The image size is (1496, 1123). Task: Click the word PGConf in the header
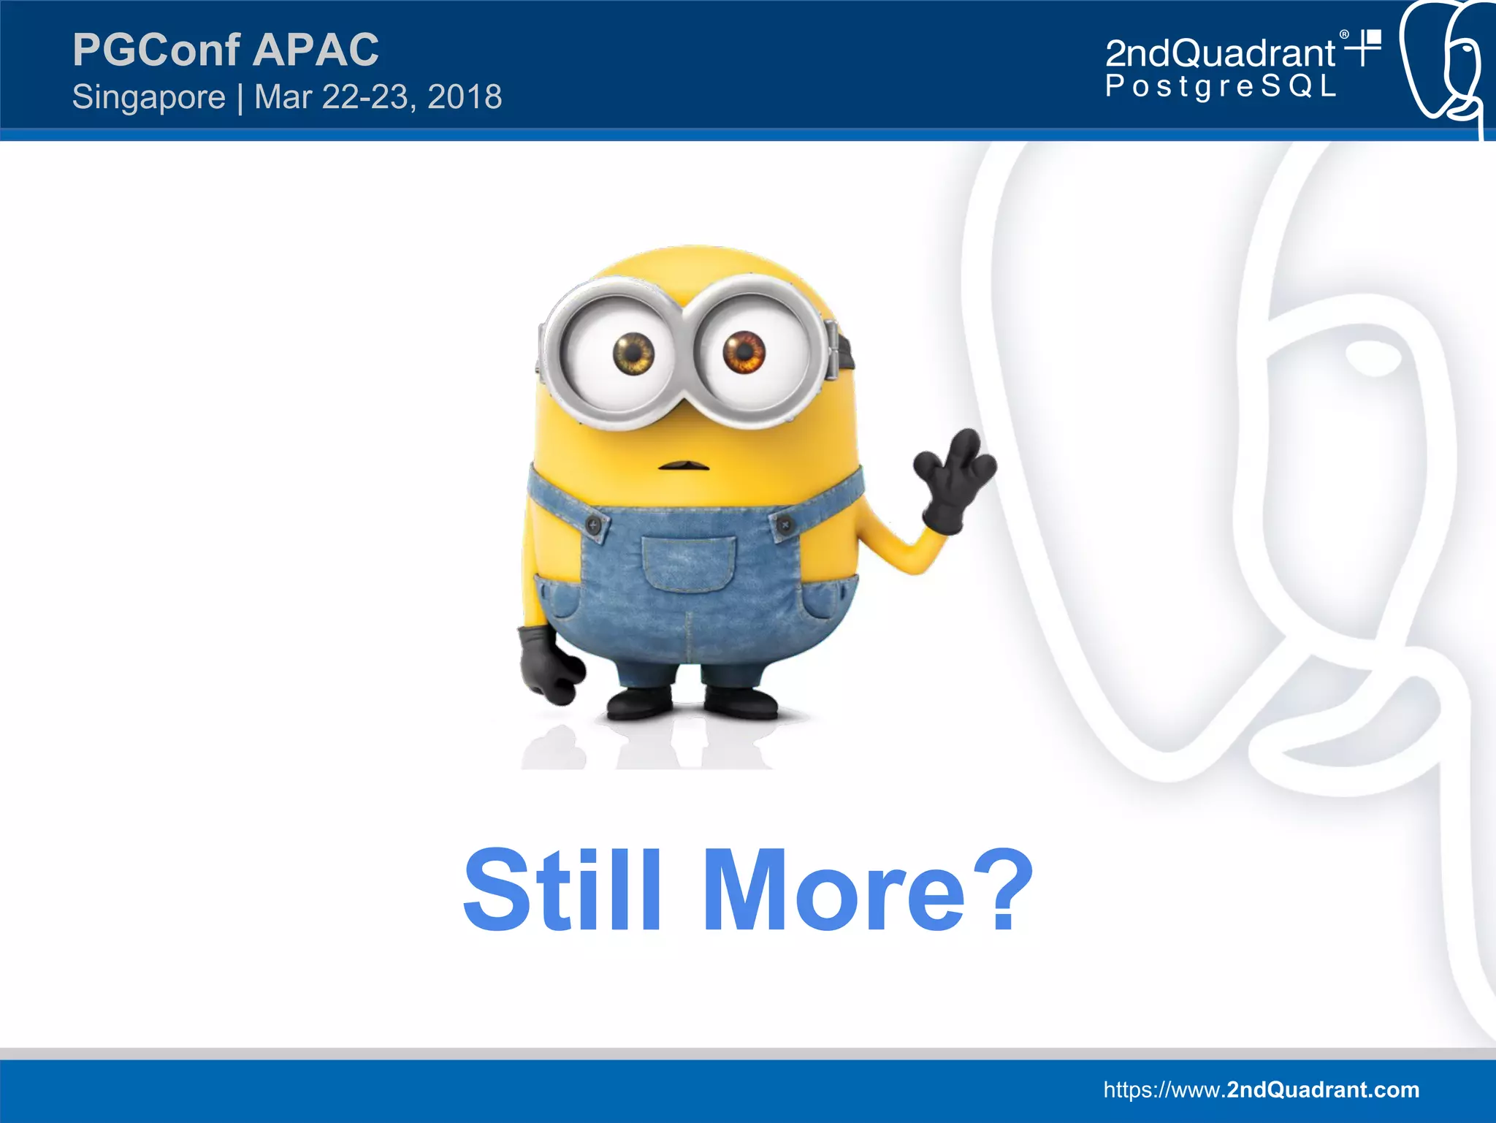tap(156, 50)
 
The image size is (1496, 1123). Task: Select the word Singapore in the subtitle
tap(149, 97)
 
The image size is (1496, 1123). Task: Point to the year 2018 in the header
tap(465, 97)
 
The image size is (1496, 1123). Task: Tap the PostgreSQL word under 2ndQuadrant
tap(1220, 86)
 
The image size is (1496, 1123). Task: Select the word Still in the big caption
tap(562, 891)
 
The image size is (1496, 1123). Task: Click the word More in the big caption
tap(833, 891)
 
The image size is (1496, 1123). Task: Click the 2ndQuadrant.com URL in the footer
tap(1261, 1089)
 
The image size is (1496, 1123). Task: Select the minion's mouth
tap(684, 465)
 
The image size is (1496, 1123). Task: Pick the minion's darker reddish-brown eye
tap(744, 351)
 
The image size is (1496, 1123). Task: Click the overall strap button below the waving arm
tap(784, 524)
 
